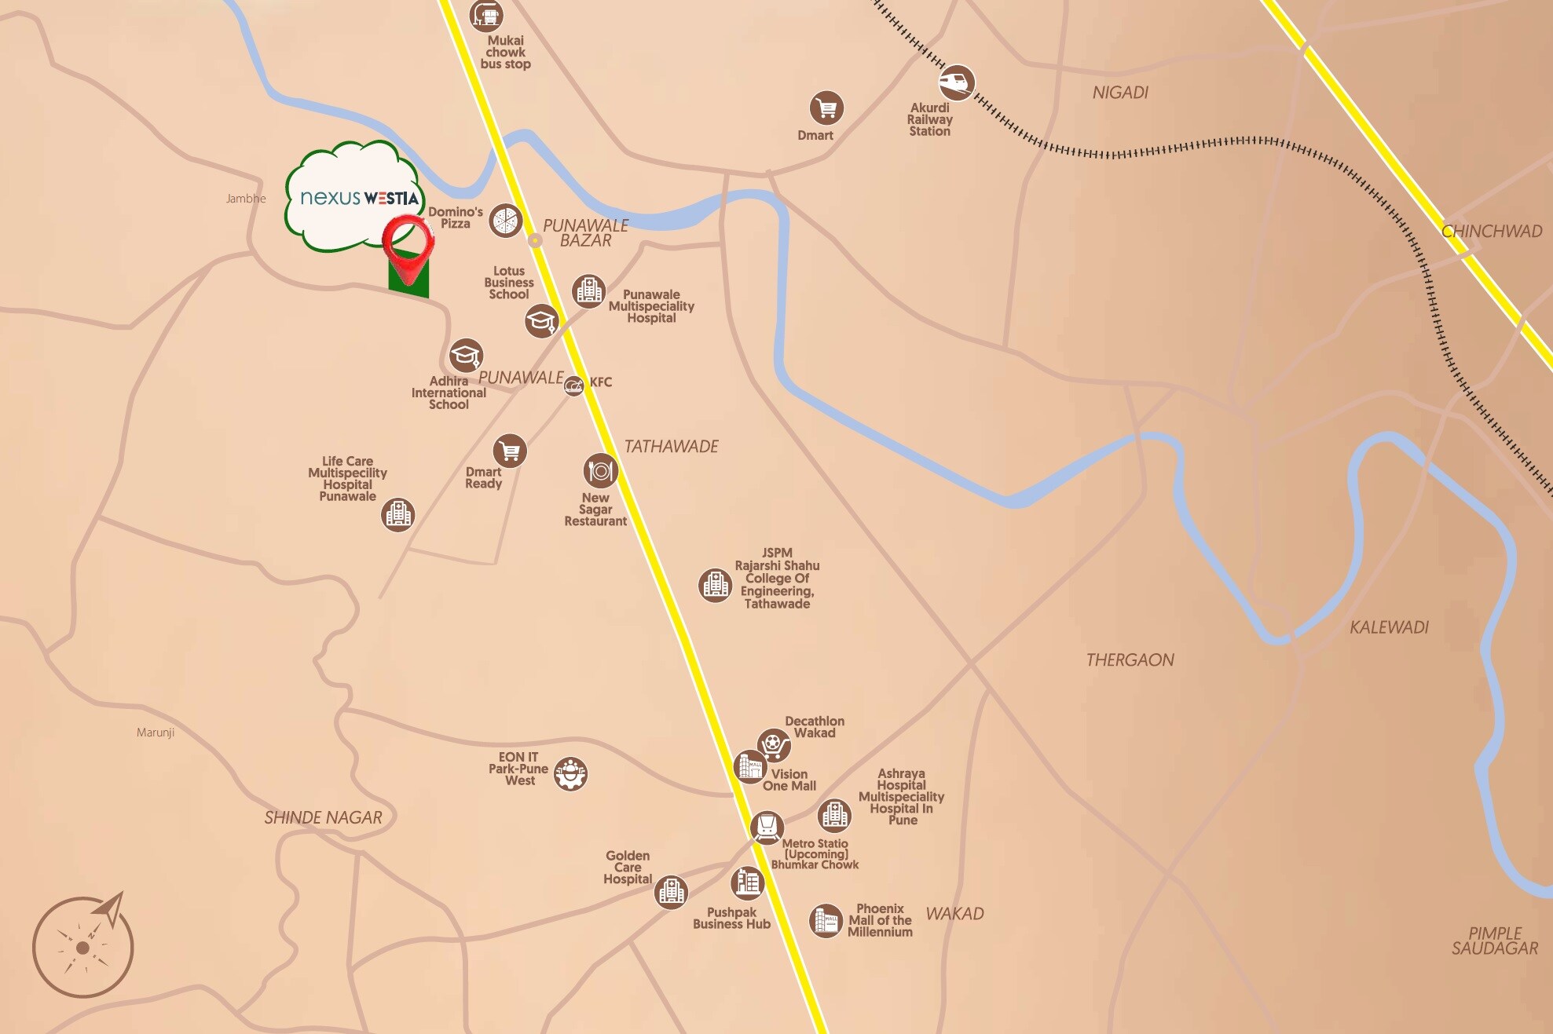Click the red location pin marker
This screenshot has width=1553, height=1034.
pyautogui.click(x=408, y=245)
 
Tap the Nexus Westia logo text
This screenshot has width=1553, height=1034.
pyautogui.click(x=359, y=198)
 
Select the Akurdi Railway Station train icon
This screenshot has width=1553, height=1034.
pyautogui.click(x=957, y=82)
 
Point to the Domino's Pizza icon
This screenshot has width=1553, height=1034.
pyautogui.click(x=506, y=221)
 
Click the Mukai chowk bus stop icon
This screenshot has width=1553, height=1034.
pyautogui.click(x=486, y=15)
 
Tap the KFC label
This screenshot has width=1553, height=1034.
pyautogui.click(x=601, y=382)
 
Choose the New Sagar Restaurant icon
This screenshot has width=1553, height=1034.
pyautogui.click(x=601, y=471)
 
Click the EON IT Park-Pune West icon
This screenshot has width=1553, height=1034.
pyautogui.click(x=570, y=773)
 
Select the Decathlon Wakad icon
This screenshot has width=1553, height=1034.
pyautogui.click(x=774, y=744)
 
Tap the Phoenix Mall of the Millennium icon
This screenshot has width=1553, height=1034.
pyautogui.click(x=826, y=920)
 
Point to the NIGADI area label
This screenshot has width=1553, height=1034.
pyautogui.click(x=1120, y=93)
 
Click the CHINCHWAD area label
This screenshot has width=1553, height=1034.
pyautogui.click(x=1491, y=232)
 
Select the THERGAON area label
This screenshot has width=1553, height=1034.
pyautogui.click(x=1130, y=660)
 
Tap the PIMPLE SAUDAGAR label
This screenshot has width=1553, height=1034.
pyautogui.click(x=1494, y=941)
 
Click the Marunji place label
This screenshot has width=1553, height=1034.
pyautogui.click(x=156, y=733)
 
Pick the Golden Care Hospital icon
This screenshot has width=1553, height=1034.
pyautogui.click(x=671, y=892)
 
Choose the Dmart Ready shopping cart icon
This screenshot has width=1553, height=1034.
pyautogui.click(x=510, y=451)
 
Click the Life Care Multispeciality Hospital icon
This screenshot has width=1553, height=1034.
pyautogui.click(x=398, y=514)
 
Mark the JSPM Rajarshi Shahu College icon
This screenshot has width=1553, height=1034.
pyautogui.click(x=715, y=585)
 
